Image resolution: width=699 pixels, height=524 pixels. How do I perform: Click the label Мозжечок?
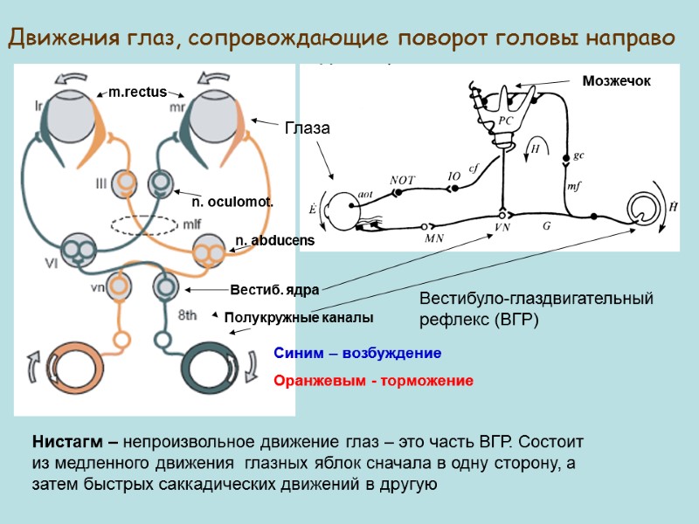pos(617,80)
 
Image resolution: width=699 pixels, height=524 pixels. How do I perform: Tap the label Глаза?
pos(307,128)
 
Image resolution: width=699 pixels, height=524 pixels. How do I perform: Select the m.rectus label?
pos(137,91)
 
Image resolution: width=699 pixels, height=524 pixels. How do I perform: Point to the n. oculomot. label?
pos(232,202)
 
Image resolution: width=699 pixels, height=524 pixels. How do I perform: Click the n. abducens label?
pos(274,239)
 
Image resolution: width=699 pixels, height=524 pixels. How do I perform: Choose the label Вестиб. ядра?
pos(274,289)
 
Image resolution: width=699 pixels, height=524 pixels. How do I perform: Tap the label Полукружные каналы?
pos(299,317)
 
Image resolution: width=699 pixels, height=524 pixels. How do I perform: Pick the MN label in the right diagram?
pos(434,237)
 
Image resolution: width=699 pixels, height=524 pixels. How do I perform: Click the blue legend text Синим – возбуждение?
pos(357,354)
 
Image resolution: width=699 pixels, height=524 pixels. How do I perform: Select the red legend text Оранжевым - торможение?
pos(373,381)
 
